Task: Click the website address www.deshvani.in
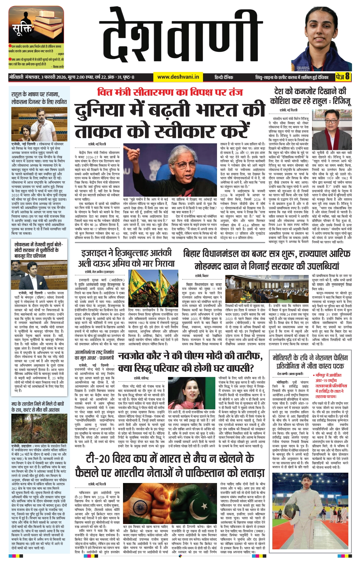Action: (x=178, y=77)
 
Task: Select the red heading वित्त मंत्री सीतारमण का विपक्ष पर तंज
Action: (x=170, y=92)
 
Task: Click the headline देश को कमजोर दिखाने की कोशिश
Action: (x=310, y=96)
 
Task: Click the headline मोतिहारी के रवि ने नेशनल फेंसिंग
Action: (x=310, y=362)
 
